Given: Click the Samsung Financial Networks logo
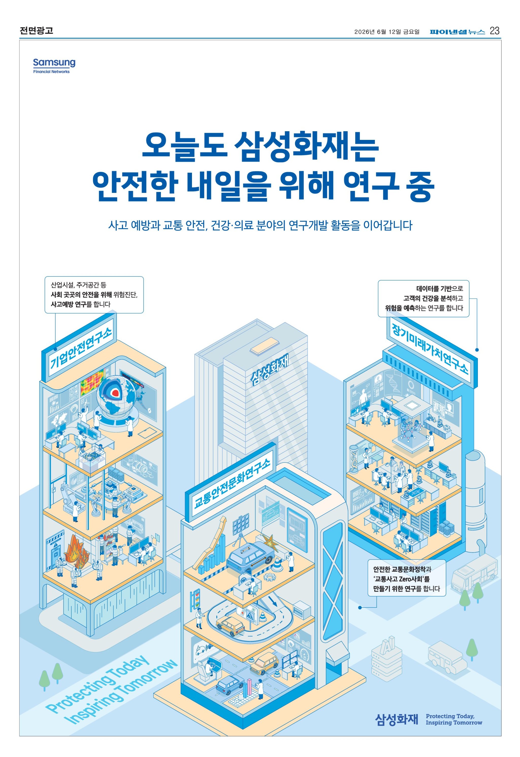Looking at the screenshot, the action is pos(54,66).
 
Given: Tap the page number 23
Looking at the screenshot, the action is pos(494,31).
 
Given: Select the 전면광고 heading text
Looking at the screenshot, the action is pos(36,31).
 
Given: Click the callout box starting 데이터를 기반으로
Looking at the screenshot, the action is pos(423,298).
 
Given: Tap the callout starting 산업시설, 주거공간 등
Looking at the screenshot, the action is pos(94,295).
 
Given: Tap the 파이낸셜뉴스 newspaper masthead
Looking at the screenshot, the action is pos(457,31).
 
